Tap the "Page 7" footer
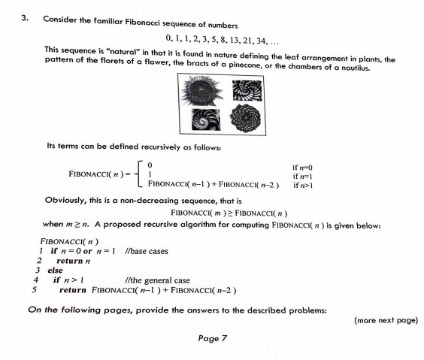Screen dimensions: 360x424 tap(213, 339)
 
